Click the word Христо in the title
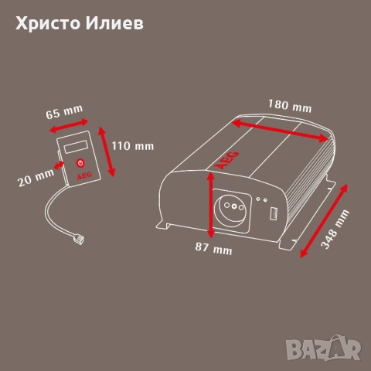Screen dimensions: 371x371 coord(48,24)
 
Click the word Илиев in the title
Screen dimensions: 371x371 coord(114,23)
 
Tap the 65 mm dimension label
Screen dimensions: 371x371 coord(64,112)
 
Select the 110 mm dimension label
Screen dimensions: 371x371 coord(133,146)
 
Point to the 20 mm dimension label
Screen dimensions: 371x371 coord(36,178)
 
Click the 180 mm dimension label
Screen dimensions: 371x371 coord(290,106)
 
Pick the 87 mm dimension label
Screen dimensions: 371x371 coord(213,248)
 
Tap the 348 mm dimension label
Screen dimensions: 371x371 coord(335,230)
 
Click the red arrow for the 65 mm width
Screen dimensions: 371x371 coord(69,126)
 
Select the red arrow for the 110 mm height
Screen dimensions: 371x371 coord(107,151)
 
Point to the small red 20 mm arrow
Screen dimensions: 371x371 coord(59,165)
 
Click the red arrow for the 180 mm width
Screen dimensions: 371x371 coord(281,131)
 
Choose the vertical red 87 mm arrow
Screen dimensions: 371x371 coord(211,205)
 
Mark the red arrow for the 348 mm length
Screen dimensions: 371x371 coord(324,221)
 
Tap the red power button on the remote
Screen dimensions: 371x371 coord(81,163)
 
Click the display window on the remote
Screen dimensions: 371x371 coord(77,147)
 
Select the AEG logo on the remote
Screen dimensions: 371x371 coord(84,175)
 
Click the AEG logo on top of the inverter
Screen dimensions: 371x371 coord(226,160)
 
